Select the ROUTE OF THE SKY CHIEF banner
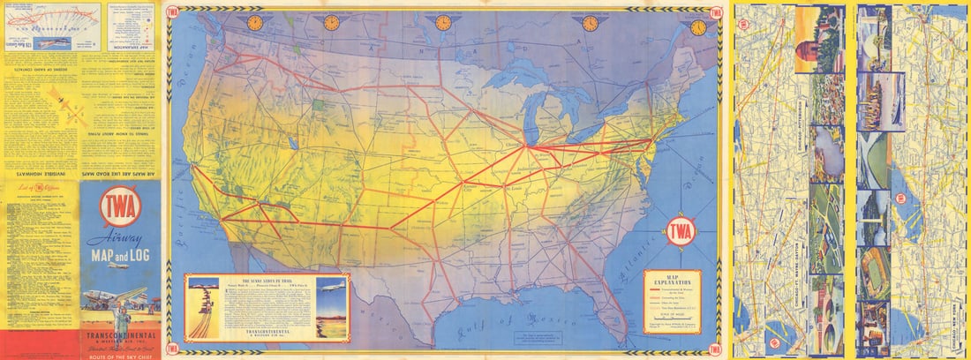pyautogui.click(x=120, y=351)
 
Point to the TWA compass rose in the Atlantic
pyautogui.click(x=681, y=231)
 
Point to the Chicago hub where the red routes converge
pyautogui.click(x=527, y=146)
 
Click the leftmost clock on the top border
pyautogui.click(x=255, y=22)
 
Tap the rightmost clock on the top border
pyautogui.click(x=698, y=26)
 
